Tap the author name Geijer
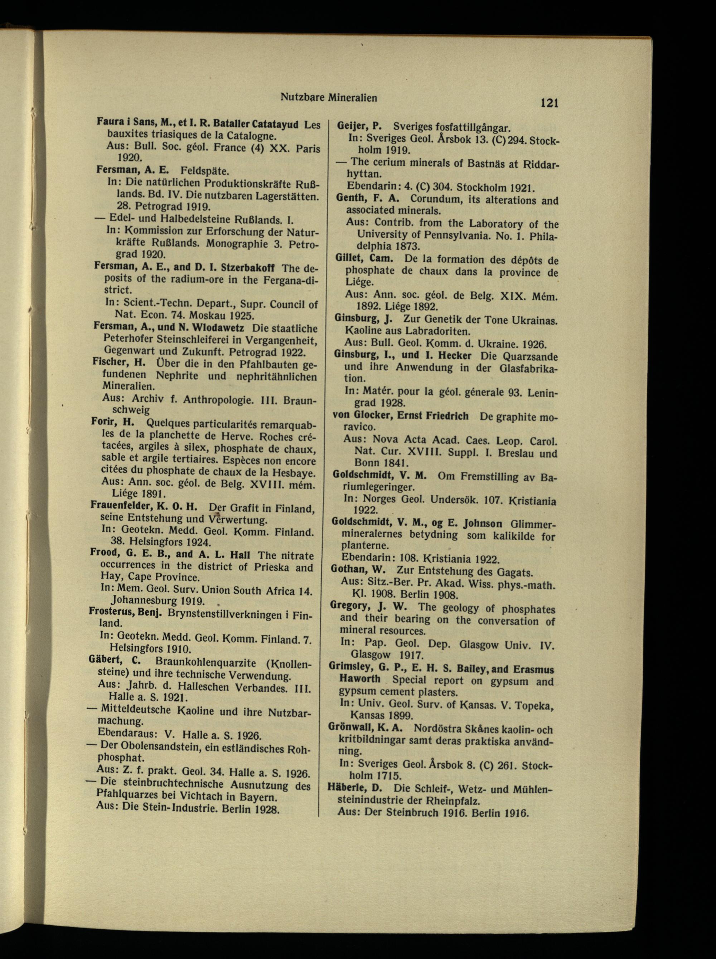(352, 127)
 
